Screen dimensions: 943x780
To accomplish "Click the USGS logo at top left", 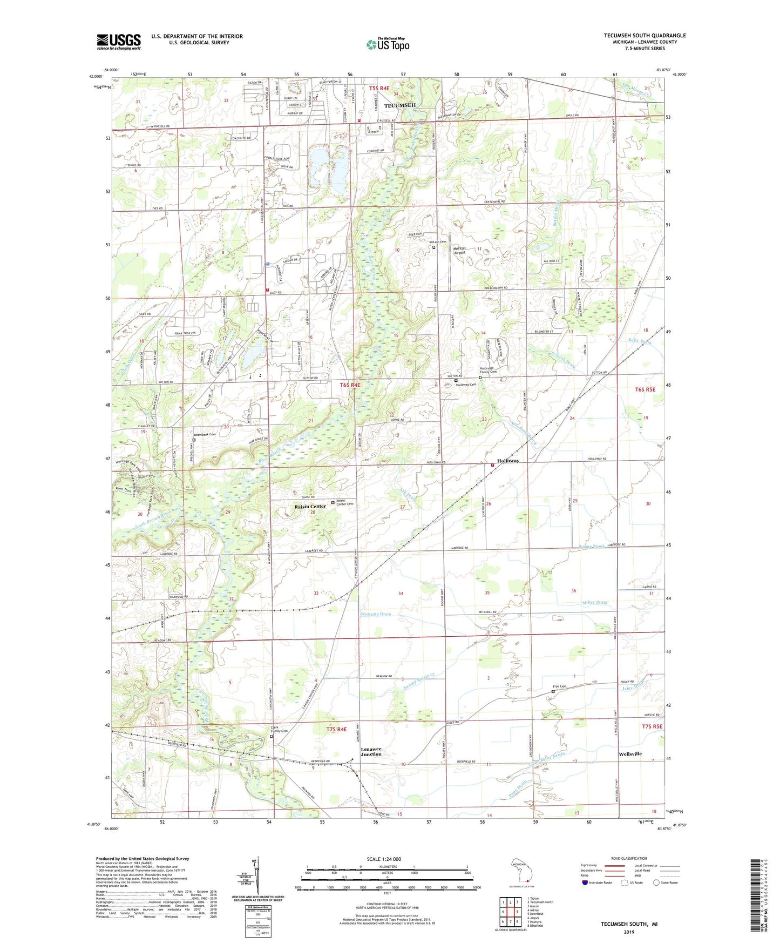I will pyautogui.click(x=119, y=42).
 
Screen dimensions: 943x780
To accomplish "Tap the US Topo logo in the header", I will pyautogui.click(x=388, y=44).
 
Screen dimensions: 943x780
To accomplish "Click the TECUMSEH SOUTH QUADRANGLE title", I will pyautogui.click(x=645, y=36).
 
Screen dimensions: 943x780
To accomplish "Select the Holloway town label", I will pyautogui.click(x=508, y=461).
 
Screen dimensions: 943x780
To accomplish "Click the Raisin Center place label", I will pyautogui.click(x=310, y=506).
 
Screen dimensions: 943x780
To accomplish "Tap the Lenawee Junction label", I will pyautogui.click(x=371, y=751).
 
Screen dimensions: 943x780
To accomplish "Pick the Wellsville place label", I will pyautogui.click(x=630, y=753).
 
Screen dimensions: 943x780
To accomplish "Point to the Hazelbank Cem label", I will pyautogui.click(x=205, y=434).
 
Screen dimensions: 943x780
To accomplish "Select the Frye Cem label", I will pyautogui.click(x=559, y=686).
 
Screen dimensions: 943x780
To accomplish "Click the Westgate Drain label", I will pyautogui.click(x=376, y=614).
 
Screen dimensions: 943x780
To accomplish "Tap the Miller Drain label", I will pyautogui.click(x=595, y=603).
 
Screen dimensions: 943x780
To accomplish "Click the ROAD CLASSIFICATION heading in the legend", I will pyautogui.click(x=629, y=858).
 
